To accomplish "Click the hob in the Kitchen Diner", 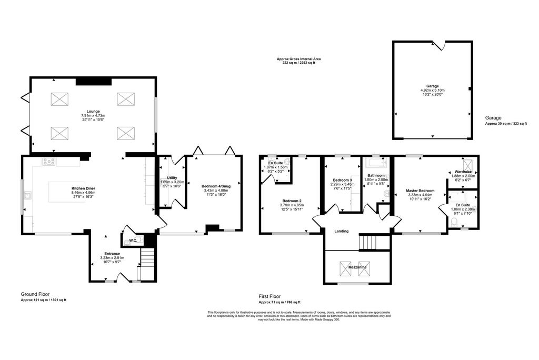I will click(49, 162).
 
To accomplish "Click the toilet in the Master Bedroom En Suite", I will click(454, 223).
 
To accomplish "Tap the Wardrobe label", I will click(463, 172).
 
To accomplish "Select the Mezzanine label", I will click(357, 267).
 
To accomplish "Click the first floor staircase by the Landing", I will click(368, 243).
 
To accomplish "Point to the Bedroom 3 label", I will click(341, 180).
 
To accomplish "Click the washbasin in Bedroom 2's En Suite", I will click(287, 163).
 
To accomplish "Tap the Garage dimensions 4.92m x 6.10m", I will click(432, 90).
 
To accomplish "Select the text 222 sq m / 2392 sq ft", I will click(298, 63).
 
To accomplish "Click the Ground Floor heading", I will click(36, 294).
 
